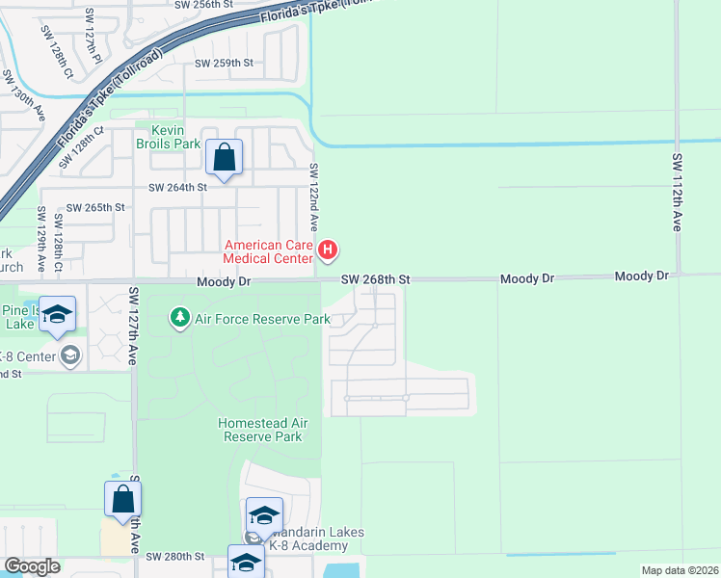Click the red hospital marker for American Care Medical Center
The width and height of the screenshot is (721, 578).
tap(328, 251)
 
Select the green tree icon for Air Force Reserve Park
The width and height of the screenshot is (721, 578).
tap(179, 317)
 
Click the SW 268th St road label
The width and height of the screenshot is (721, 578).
tap(377, 279)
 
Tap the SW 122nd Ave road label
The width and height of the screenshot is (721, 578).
tap(313, 200)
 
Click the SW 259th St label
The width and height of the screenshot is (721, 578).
tap(224, 64)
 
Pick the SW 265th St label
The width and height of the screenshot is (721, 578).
tap(95, 207)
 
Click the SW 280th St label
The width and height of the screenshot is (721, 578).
tap(175, 557)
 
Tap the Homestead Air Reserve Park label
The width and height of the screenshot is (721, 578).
tap(261, 430)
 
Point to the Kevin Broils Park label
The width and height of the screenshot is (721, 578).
tap(174, 137)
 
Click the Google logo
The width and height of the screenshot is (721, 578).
tap(32, 566)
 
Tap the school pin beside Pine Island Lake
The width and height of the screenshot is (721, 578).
tap(57, 316)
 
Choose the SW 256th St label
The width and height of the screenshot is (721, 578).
tap(203, 5)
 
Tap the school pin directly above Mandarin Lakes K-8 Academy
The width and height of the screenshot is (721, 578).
tap(264, 515)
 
